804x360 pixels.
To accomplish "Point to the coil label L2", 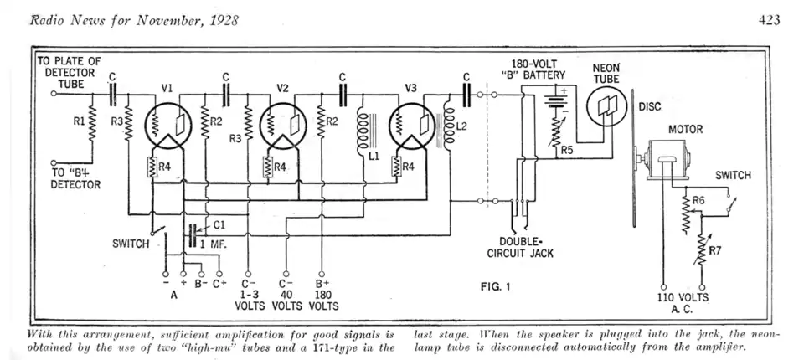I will pos(461,127).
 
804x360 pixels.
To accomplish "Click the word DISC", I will pos(650,107).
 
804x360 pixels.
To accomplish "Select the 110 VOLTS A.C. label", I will pos(683,304).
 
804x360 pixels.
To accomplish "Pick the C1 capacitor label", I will pos(219,224).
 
